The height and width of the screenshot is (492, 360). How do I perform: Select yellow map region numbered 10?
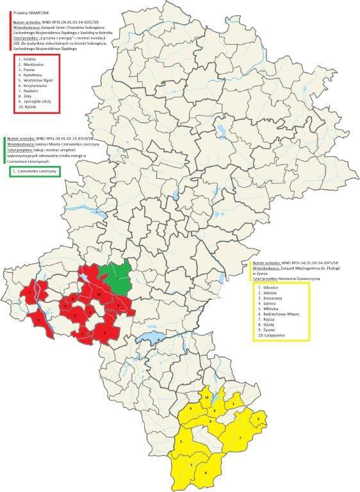click(206, 398)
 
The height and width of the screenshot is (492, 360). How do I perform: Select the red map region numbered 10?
click(99, 293)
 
